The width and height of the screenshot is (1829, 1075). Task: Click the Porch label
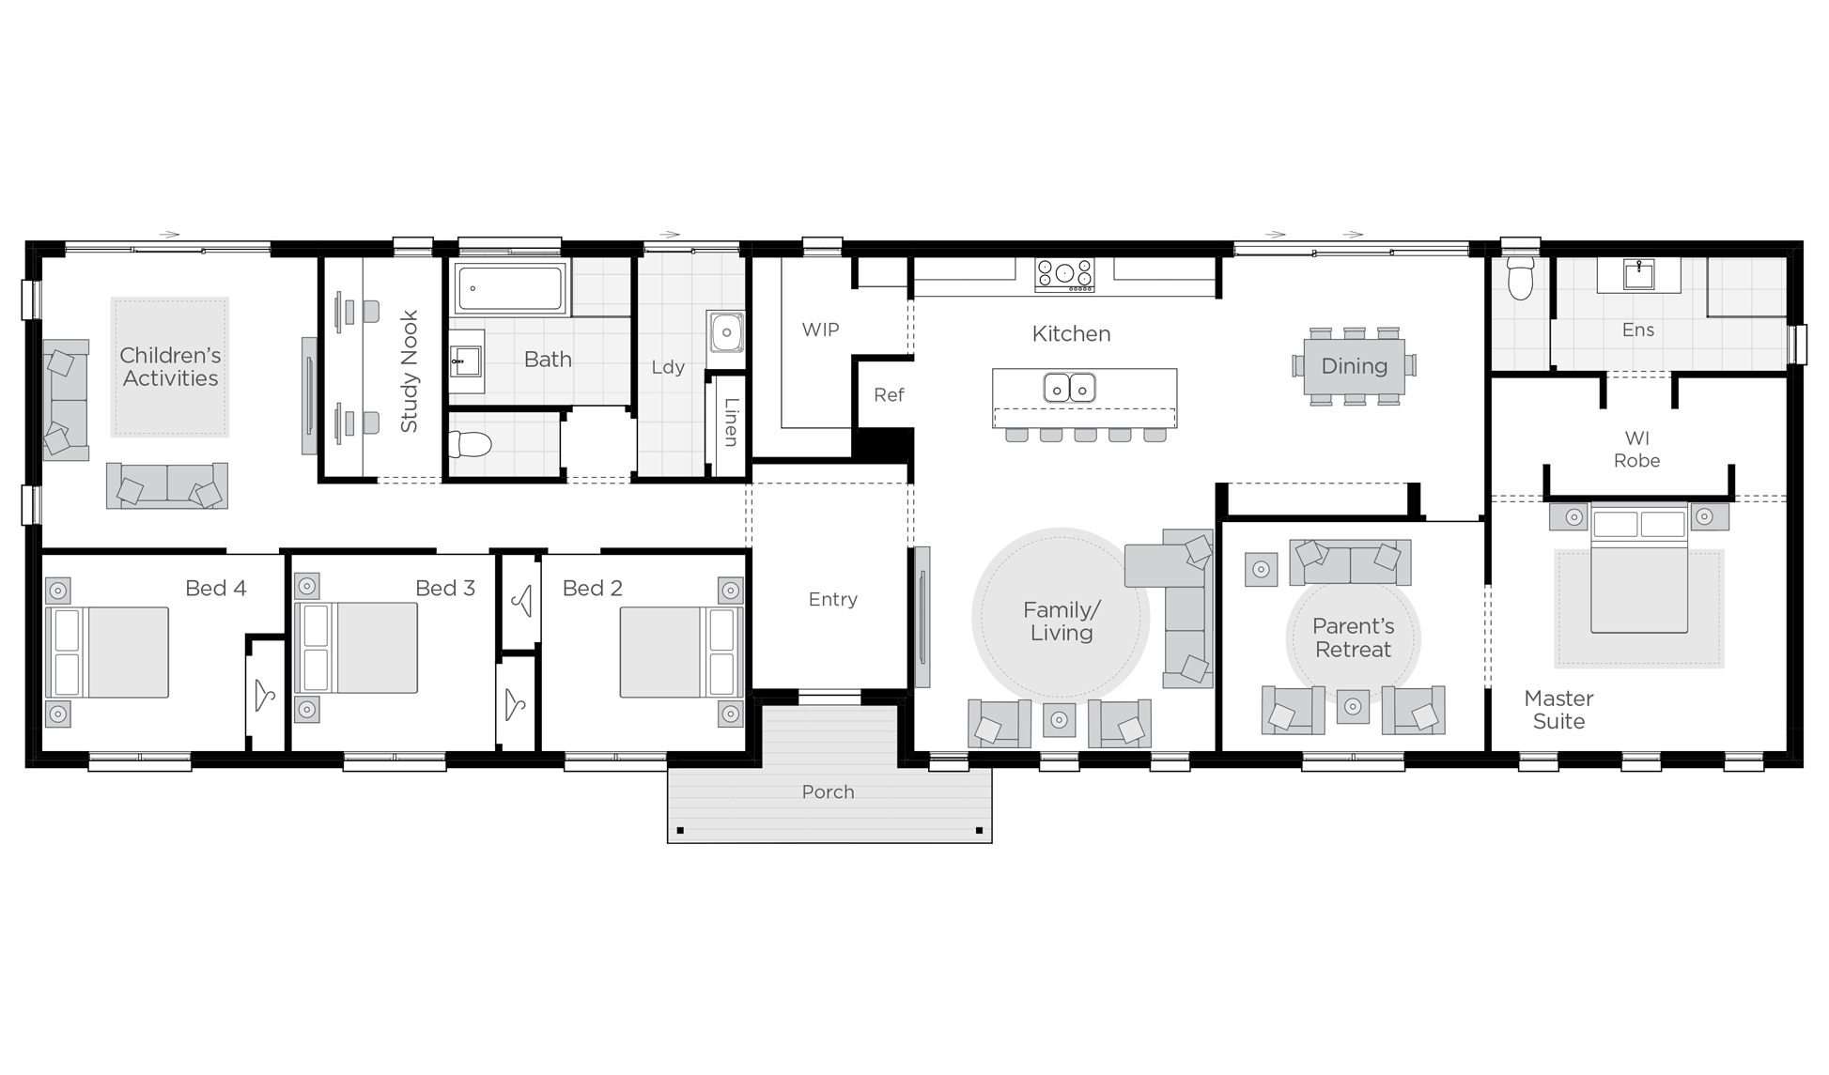click(828, 791)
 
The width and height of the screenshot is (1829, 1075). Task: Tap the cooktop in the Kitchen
click(1064, 274)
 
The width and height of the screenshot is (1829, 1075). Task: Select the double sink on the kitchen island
click(1070, 386)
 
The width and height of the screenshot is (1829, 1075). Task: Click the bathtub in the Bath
click(510, 288)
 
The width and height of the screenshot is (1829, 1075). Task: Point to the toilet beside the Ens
click(1519, 279)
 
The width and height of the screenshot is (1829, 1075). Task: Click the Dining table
click(1354, 366)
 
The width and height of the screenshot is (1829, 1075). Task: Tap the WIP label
click(819, 330)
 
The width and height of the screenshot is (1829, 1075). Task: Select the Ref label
click(888, 395)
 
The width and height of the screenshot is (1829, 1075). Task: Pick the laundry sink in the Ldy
click(726, 332)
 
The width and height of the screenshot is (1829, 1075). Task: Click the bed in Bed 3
click(357, 648)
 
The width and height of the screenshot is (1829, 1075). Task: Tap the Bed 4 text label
click(215, 588)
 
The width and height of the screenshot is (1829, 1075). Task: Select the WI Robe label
click(1636, 449)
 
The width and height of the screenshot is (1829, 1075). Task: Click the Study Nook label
click(409, 372)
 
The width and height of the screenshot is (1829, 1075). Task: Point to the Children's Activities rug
click(170, 367)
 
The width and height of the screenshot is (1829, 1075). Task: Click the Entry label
click(832, 599)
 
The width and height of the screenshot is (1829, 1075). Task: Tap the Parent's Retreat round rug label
click(1353, 637)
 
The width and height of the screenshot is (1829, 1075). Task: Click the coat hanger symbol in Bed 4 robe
click(265, 696)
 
